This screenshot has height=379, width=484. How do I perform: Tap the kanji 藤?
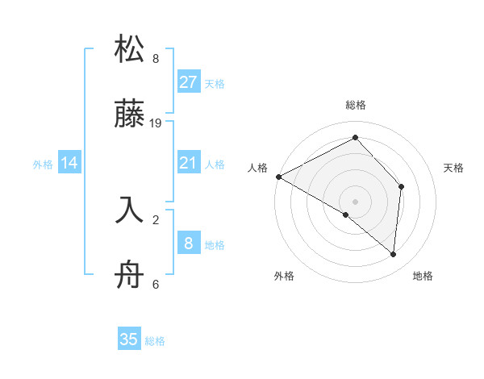[x=130, y=118]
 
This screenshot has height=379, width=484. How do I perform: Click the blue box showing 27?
[x=188, y=82]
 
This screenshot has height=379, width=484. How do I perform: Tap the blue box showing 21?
[x=188, y=164]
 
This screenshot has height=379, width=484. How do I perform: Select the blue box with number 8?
[x=188, y=244]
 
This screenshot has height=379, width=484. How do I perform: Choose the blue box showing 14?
[x=69, y=164]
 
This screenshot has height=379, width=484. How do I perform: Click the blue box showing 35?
[x=129, y=339]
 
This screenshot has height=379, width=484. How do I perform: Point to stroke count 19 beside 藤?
[x=156, y=123]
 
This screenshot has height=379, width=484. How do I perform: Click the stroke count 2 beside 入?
[x=156, y=217]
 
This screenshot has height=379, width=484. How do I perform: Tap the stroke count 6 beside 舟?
[x=156, y=284]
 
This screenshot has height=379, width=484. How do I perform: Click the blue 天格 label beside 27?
[x=215, y=84]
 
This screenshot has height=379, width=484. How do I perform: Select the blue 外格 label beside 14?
[x=43, y=165]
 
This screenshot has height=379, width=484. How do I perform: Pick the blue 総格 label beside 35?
[x=155, y=341]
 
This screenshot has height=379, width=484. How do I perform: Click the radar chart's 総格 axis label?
[x=356, y=105]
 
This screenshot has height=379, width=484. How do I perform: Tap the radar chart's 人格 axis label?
[x=257, y=168]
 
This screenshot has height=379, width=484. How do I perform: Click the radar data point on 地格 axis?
[x=393, y=254]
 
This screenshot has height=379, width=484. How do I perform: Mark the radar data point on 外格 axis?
[x=346, y=214]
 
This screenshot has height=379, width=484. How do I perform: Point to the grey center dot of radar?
[x=356, y=201]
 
